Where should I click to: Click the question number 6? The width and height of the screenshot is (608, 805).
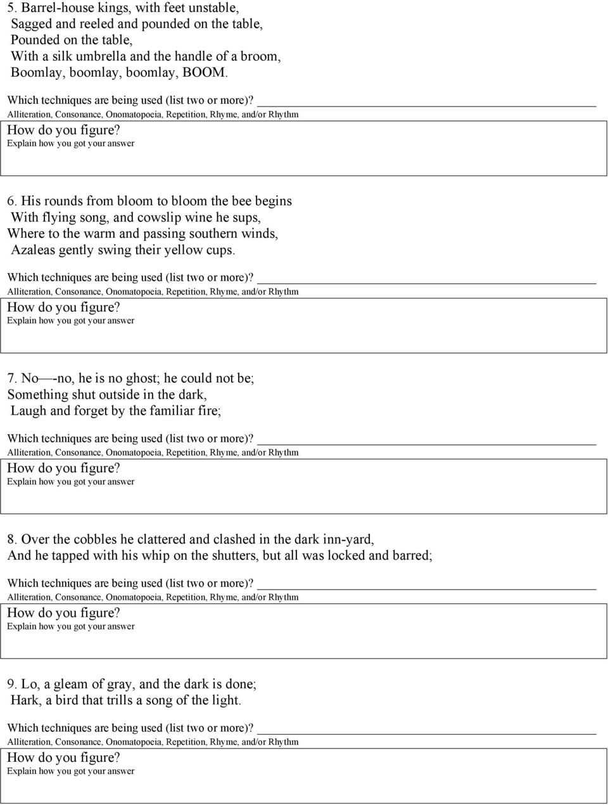tap(11, 202)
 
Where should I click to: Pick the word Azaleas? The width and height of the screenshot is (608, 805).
tap(33, 250)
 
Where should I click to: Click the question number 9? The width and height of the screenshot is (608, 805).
tap(11, 685)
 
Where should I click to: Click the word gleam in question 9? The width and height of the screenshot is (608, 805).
tap(72, 685)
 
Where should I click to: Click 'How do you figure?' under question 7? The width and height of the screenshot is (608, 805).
tap(63, 468)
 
